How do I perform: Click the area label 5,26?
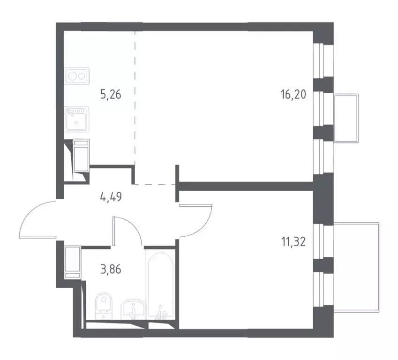pos(112,96)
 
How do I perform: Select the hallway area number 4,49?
pos(111,197)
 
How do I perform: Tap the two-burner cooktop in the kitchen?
pos(77,75)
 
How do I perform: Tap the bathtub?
pos(160,284)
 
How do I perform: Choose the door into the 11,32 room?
pos(197,220)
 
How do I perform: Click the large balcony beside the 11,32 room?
pos(357,265)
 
